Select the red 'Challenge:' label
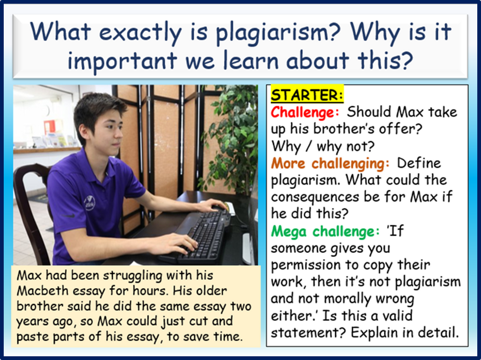305,112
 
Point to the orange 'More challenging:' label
330,164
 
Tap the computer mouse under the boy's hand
227,208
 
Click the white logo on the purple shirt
90,203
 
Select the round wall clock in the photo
47,110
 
